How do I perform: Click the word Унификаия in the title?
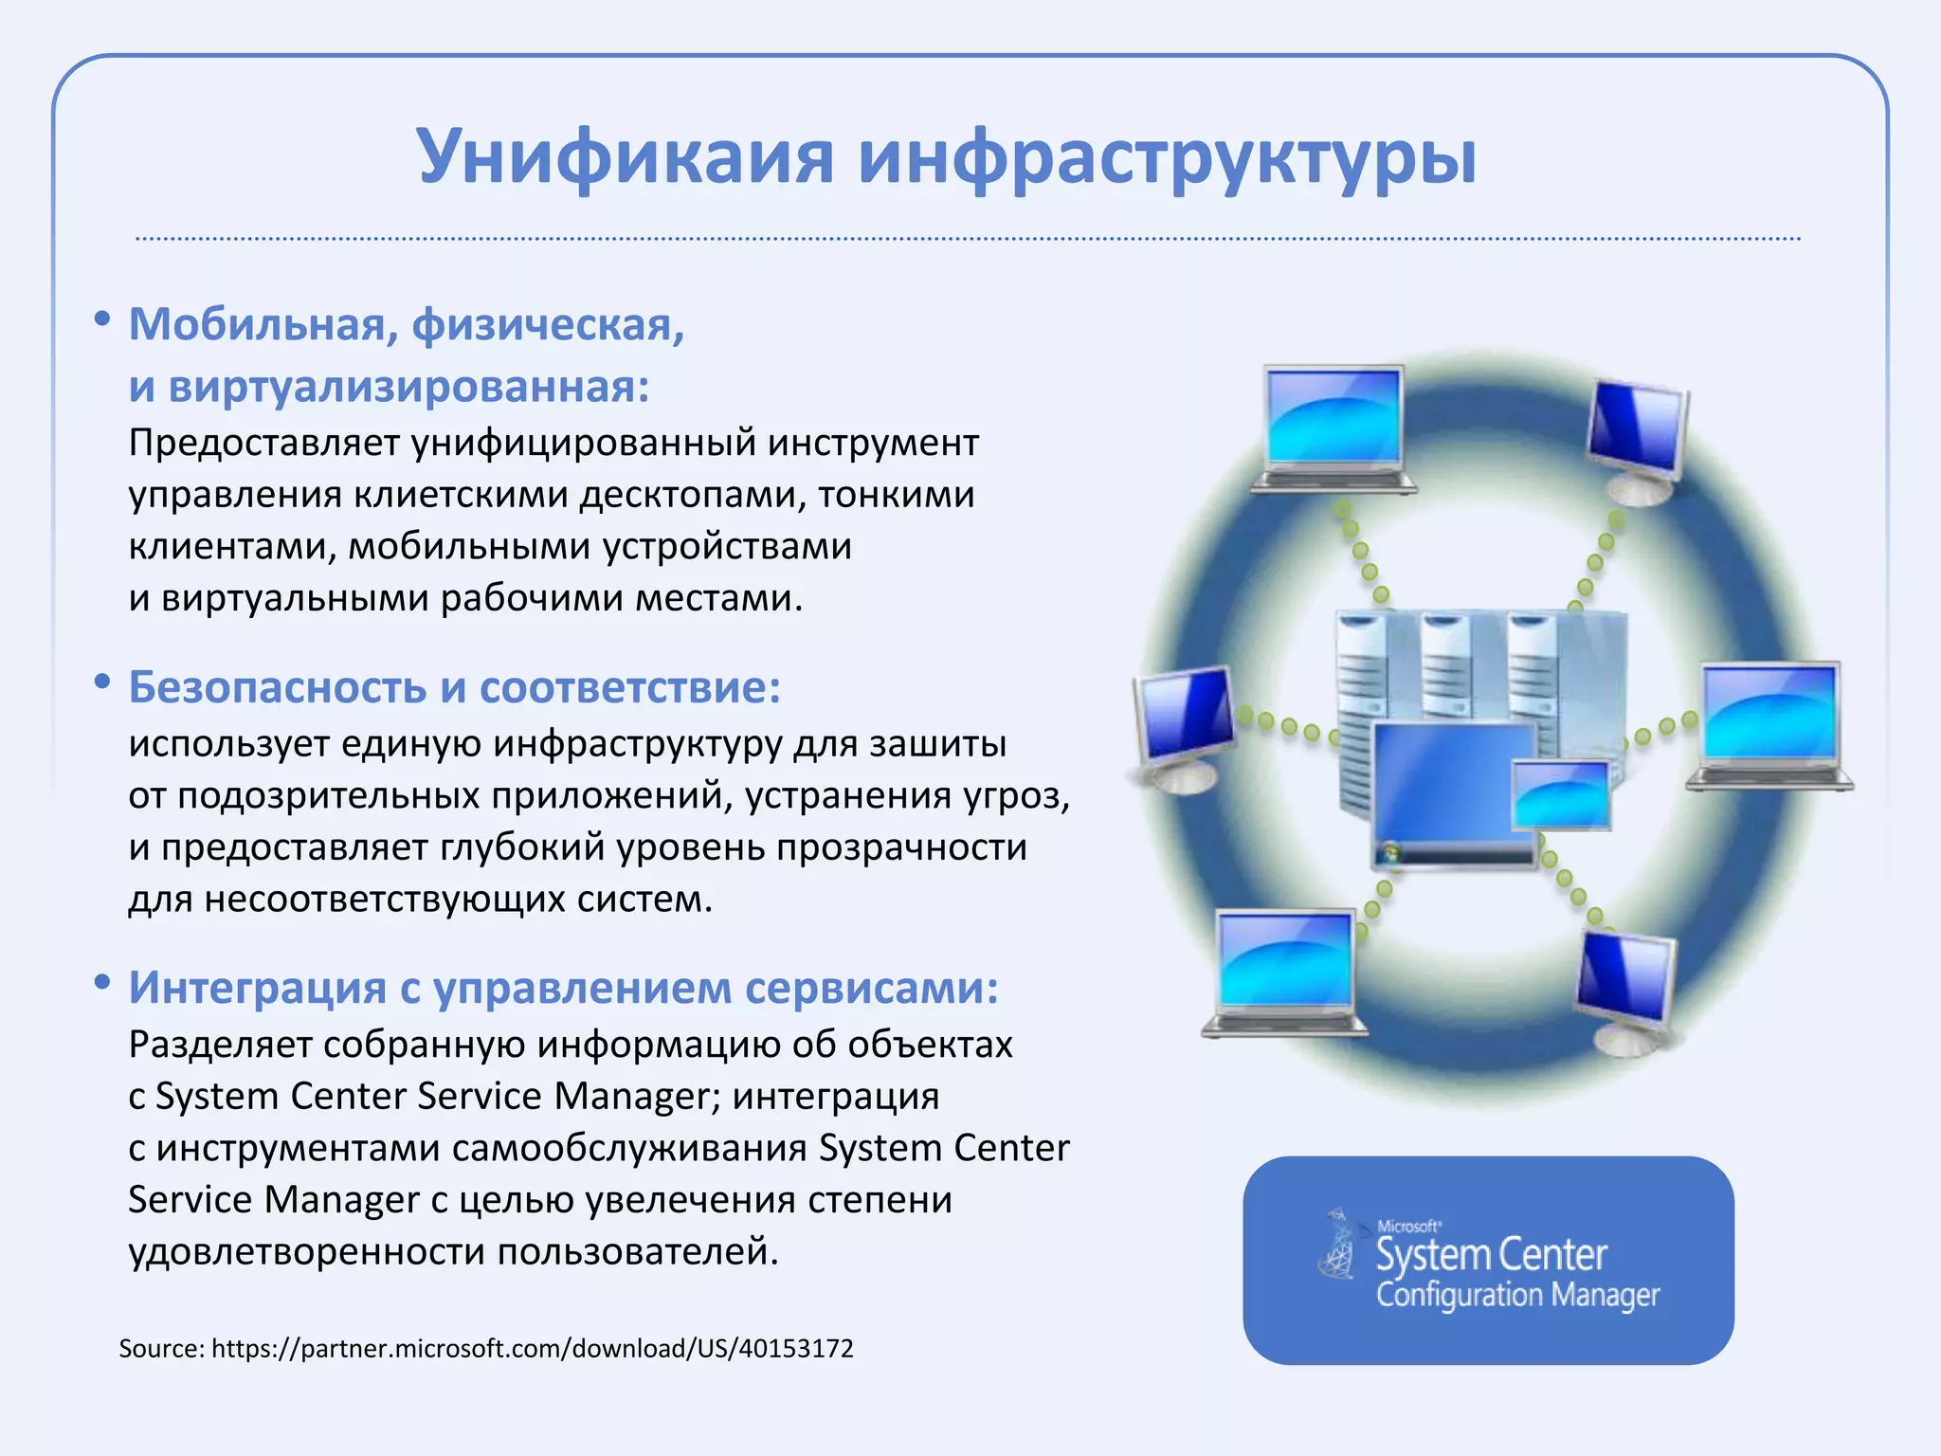626,156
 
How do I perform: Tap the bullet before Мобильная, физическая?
102,320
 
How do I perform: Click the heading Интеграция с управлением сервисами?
564,988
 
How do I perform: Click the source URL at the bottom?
532,1348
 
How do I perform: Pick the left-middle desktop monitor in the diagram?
1185,720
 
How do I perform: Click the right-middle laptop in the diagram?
1769,720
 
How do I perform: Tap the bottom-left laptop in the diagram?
1286,967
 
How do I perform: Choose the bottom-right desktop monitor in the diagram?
1624,986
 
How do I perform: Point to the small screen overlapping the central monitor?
1561,794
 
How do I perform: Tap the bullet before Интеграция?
102,983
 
